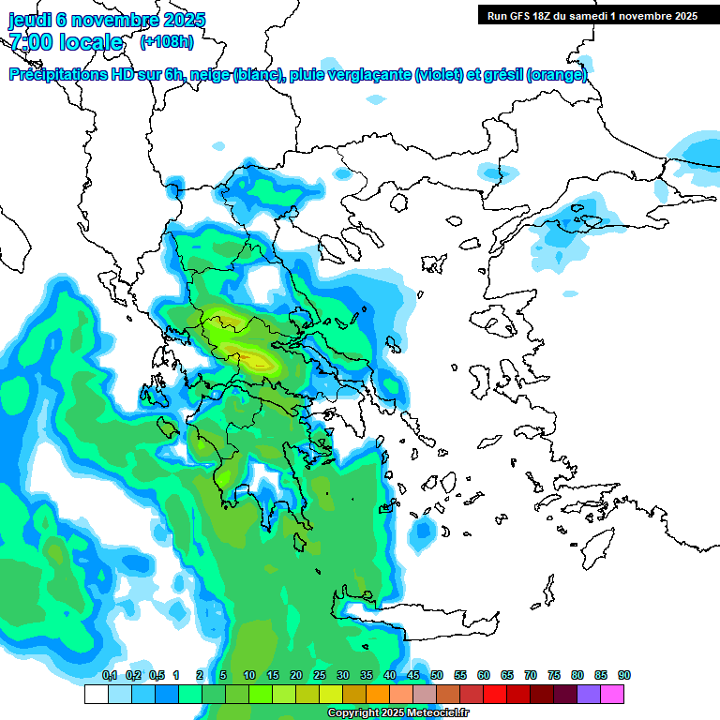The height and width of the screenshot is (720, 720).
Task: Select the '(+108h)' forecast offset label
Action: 166,42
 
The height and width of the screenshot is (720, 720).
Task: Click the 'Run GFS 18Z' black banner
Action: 592,16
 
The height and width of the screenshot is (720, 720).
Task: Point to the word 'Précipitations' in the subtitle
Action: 58,75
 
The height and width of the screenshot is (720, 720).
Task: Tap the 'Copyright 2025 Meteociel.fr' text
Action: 398,713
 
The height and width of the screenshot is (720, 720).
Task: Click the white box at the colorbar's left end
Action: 96,695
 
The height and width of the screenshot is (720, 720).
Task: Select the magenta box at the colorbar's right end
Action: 612,695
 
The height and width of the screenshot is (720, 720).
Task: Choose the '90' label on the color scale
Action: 624,676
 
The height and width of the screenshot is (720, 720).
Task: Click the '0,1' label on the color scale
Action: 110,676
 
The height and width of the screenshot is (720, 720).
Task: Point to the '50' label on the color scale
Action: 437,676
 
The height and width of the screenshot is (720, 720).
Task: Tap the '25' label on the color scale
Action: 320,676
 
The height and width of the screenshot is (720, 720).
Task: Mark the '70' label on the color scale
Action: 531,676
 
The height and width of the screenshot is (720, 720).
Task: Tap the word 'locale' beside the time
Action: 91,43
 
